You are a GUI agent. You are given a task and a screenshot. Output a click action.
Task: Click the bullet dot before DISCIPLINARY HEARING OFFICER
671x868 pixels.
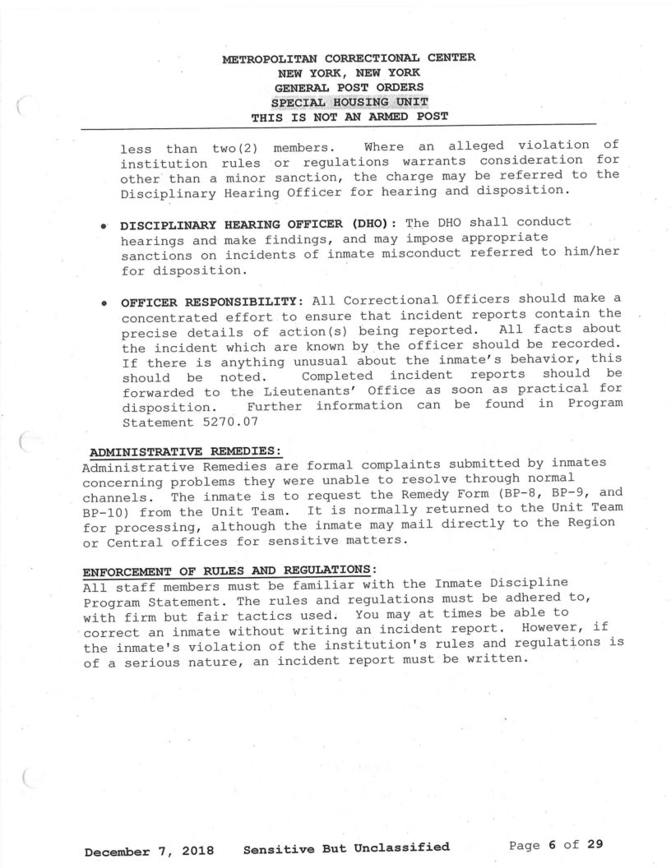[x=107, y=229]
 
